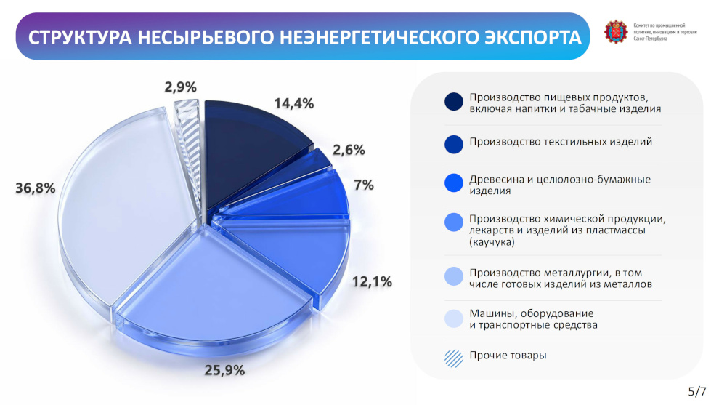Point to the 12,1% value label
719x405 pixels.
[372, 281]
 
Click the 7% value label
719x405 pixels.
[364, 185]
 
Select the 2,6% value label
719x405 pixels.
[349, 150]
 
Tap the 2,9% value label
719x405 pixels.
[181, 87]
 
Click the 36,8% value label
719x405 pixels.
[36, 188]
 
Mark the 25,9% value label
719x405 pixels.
[224, 370]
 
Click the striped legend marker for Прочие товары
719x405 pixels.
[453, 358]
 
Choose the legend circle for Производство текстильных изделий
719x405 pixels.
[453, 144]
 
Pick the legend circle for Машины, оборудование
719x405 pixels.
[453, 318]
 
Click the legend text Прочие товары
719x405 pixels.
[508, 356]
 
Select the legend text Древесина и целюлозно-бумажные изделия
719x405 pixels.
[560, 185]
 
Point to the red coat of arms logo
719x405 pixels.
[616, 32]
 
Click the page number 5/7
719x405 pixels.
[697, 391]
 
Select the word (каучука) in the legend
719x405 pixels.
[492, 242]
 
